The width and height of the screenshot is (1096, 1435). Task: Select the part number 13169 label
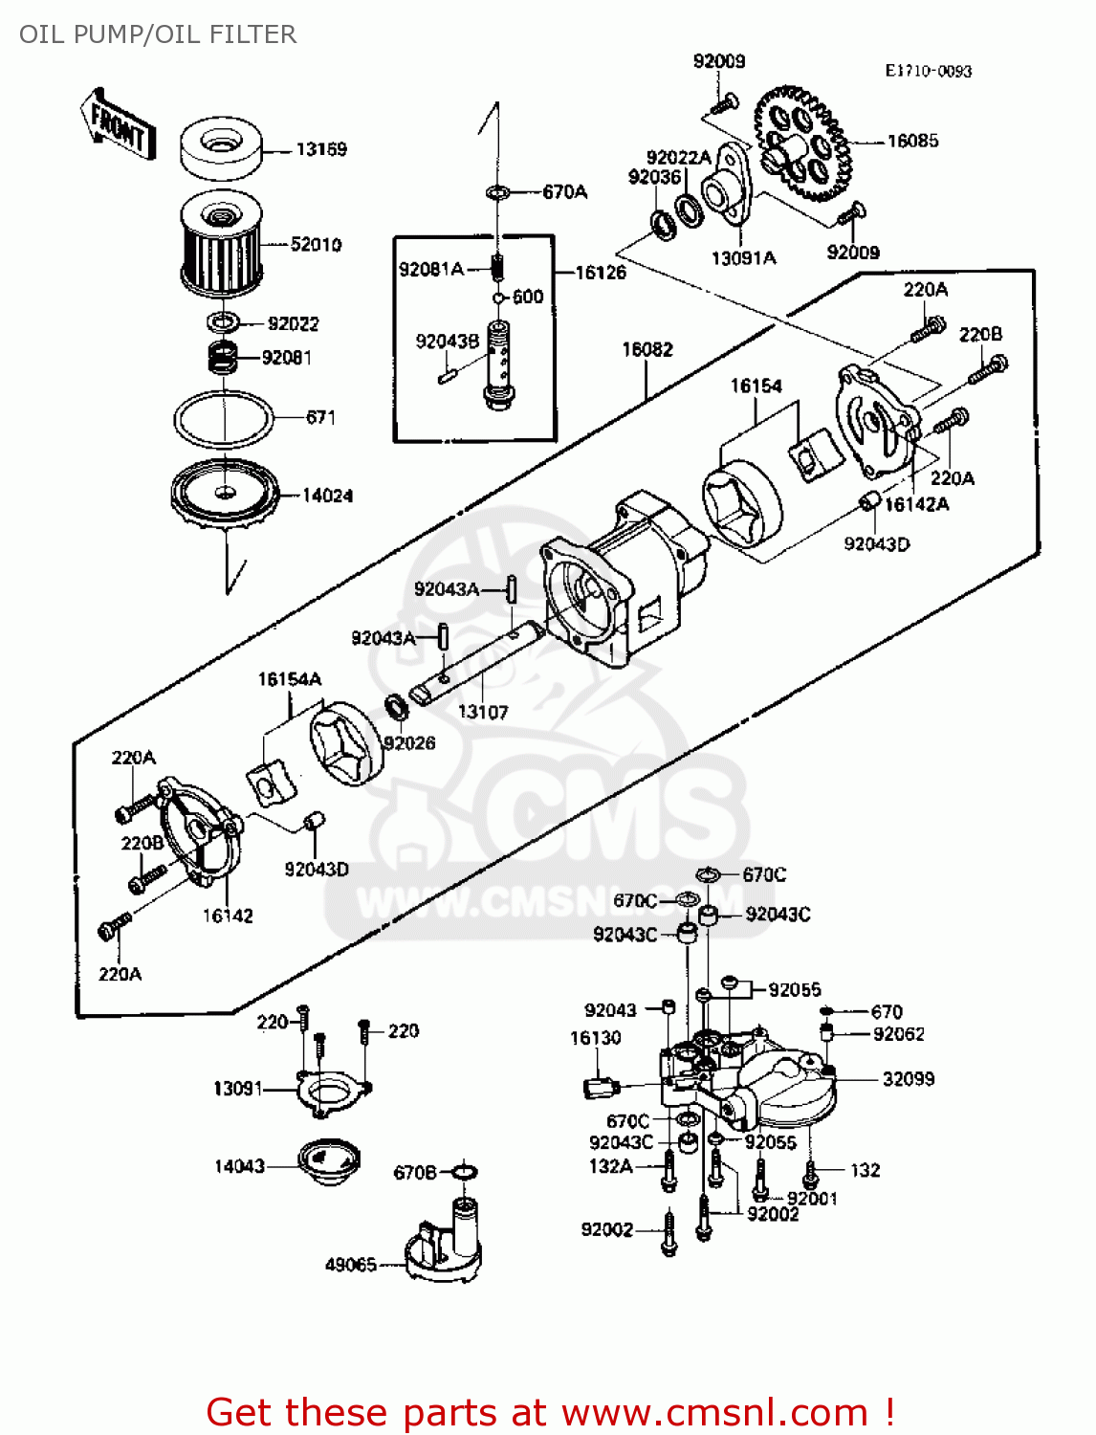point(320,149)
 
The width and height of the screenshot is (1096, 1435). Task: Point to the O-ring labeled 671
point(224,417)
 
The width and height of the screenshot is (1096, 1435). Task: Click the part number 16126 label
point(601,273)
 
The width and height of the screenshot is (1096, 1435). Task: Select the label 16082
point(647,349)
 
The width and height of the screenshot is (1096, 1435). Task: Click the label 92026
point(409,742)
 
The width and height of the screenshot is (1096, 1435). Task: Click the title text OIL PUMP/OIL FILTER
point(158,34)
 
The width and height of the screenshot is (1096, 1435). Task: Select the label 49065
point(350,1264)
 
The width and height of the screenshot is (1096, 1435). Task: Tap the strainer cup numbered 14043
point(328,1161)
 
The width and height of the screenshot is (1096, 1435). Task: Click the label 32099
point(908,1079)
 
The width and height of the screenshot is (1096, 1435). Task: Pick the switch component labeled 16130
point(601,1087)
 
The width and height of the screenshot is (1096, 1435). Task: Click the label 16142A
point(916,504)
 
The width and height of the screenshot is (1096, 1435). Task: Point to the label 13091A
point(743,257)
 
